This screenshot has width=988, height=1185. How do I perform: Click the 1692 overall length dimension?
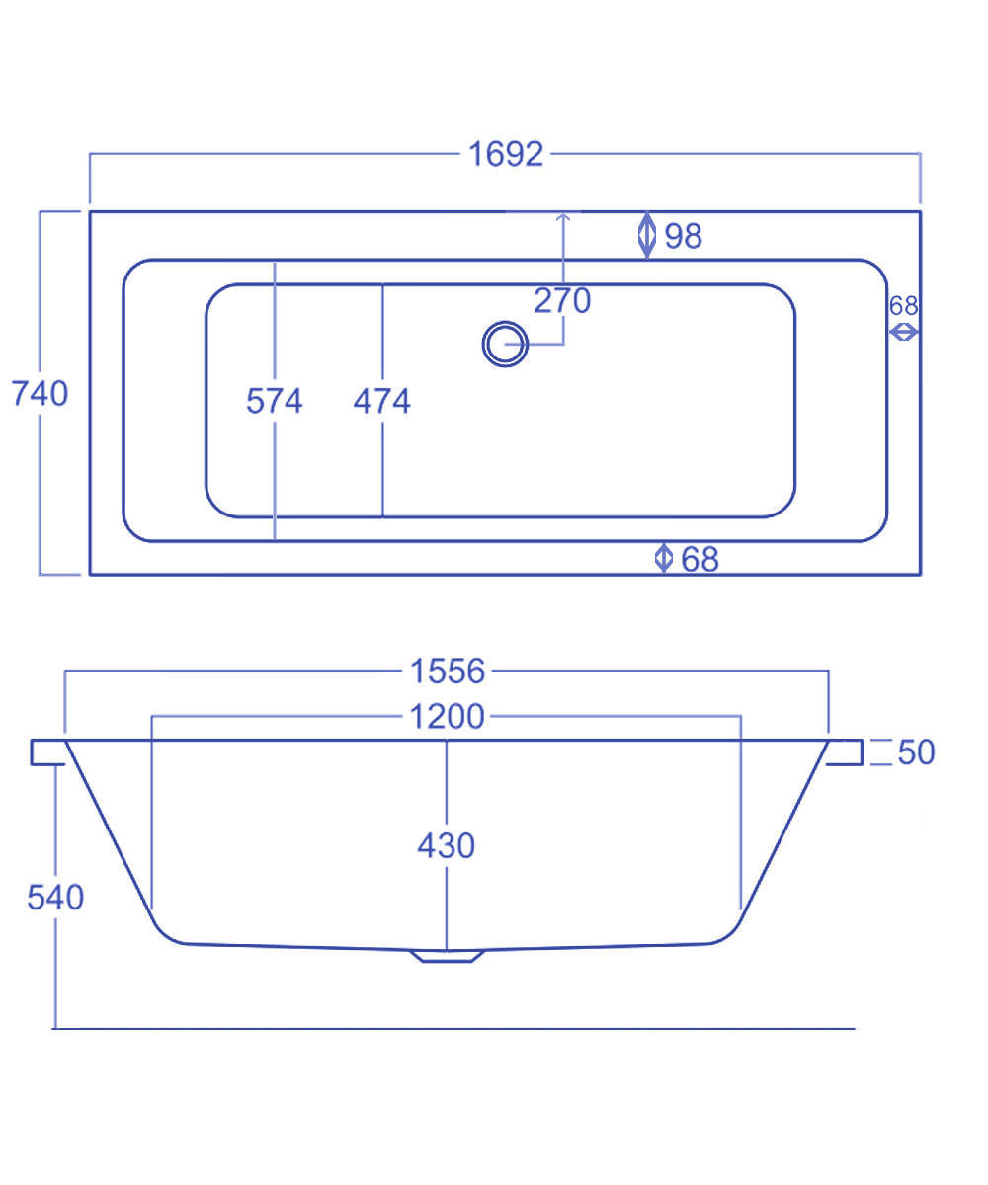tap(505, 154)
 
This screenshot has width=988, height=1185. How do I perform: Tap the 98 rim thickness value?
tap(683, 236)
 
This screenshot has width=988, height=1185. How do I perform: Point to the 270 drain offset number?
tap(562, 300)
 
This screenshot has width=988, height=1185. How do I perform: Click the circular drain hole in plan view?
tap(505, 345)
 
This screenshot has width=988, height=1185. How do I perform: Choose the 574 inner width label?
tap(275, 401)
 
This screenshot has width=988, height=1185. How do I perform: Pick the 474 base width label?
tap(382, 401)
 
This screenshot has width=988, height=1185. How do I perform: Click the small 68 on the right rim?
tap(903, 306)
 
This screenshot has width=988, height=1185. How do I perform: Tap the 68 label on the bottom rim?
tap(700, 559)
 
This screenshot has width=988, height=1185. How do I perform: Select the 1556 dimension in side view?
tap(448, 671)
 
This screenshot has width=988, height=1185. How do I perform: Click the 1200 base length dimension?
tap(448, 717)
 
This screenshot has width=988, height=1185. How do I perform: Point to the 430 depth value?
tap(447, 845)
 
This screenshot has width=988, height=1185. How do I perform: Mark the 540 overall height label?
tap(55, 898)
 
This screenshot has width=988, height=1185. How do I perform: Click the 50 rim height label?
tap(916, 751)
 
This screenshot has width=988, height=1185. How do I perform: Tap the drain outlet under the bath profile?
tap(449, 955)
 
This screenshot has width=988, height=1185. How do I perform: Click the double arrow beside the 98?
tap(647, 235)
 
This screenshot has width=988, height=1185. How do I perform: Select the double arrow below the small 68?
tap(904, 333)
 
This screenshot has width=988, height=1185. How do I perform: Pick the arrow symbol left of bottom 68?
tap(664, 558)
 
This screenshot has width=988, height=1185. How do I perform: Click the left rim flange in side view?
tap(48, 751)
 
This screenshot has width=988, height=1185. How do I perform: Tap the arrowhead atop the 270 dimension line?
tap(563, 216)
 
